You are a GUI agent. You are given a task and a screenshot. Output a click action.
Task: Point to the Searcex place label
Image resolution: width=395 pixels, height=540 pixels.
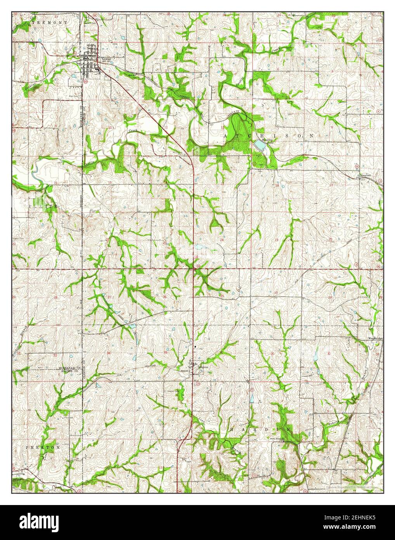(364, 176)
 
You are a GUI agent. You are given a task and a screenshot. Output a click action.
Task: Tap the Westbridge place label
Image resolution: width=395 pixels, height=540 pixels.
(376, 338)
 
